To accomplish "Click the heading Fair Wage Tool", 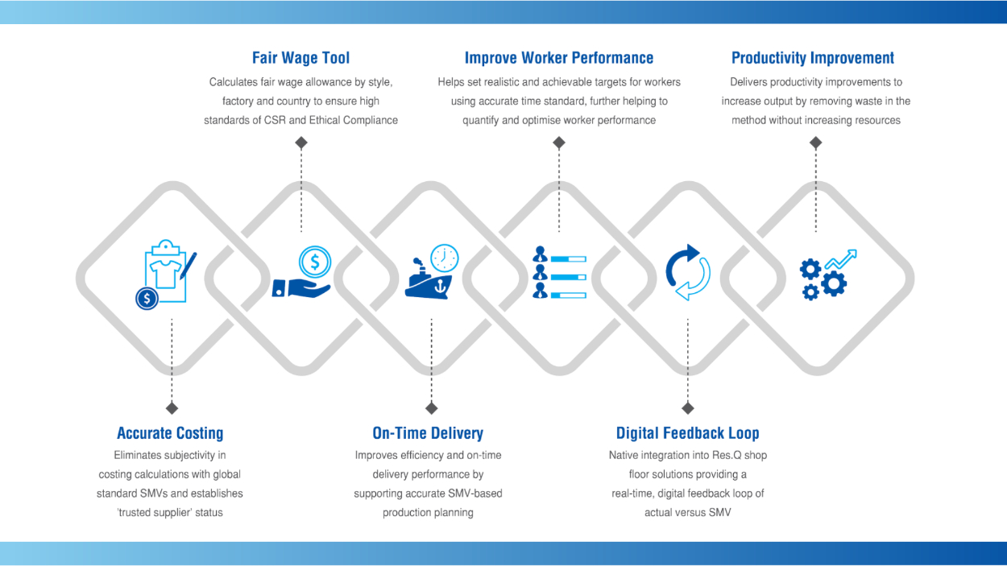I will pos(300,58).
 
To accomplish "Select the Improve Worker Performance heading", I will pos(558,58).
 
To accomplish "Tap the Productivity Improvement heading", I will pos(812,58).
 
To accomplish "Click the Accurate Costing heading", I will pos(170,433).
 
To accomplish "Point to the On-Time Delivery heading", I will pos(428,433).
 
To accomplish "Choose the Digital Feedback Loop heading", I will pos(687,433).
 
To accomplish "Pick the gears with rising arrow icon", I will pos(827,274).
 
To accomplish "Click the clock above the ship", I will pos(444,258).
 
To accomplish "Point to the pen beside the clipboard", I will pos(189,265).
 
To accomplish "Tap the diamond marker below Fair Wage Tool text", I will pos(300,143).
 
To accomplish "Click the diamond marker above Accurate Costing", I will pos(172,408).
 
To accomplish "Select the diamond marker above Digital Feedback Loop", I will pos(687,408).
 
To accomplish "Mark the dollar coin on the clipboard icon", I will pos(147,299).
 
